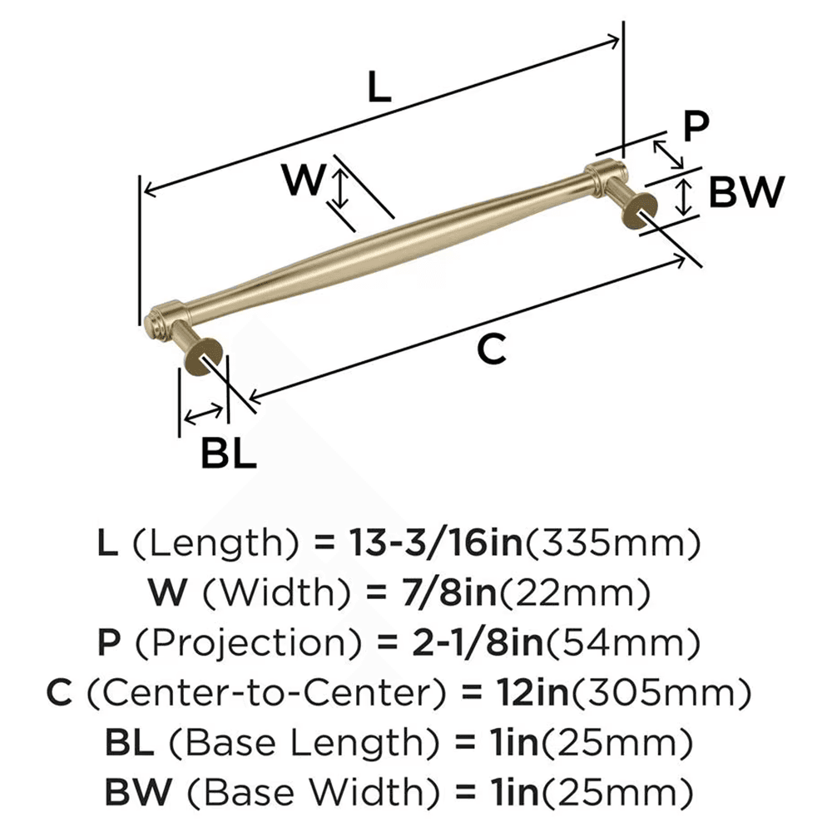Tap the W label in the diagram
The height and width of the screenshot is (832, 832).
point(302,180)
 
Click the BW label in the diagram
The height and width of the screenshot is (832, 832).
point(746,194)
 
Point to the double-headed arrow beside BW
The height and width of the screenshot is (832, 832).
point(684,196)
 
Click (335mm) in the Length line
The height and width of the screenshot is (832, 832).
point(611,545)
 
